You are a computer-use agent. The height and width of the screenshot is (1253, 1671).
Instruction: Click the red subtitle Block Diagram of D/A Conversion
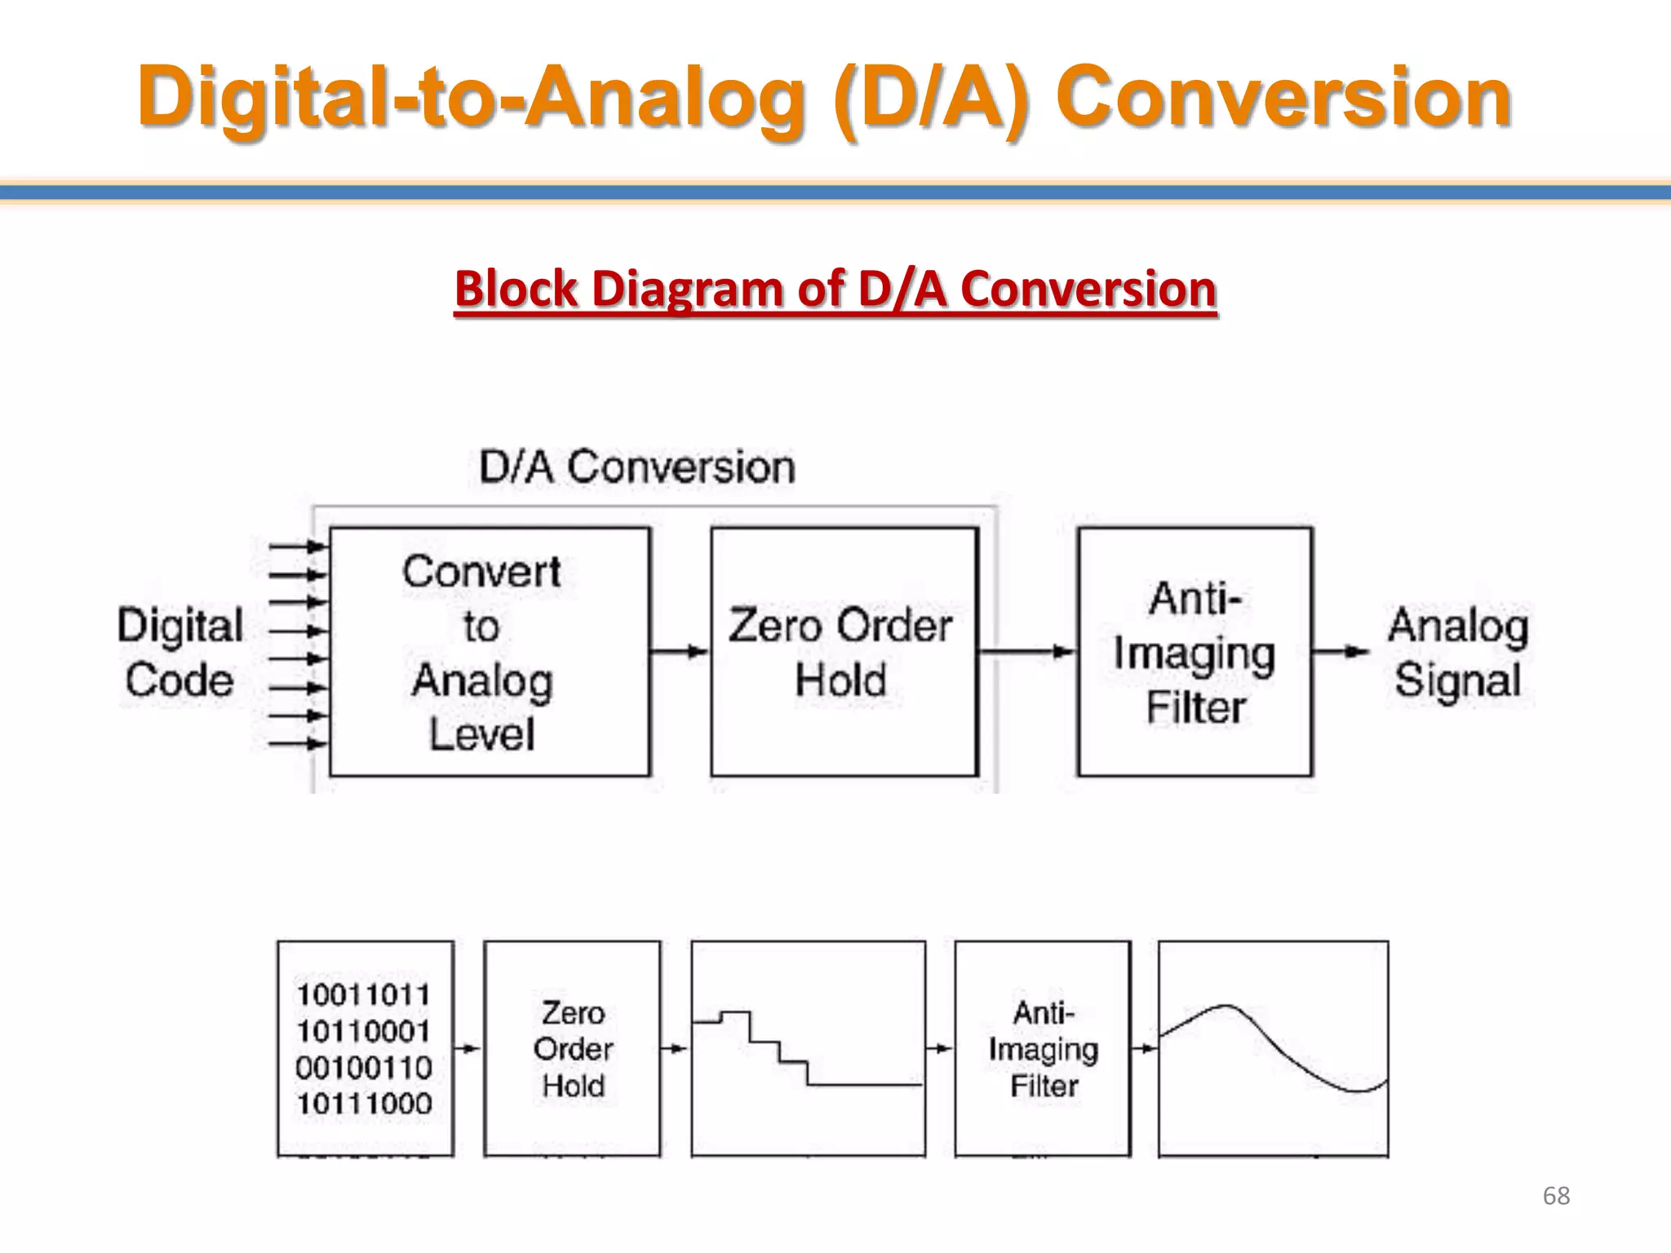[x=835, y=290]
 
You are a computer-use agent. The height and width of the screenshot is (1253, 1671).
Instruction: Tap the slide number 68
[x=1556, y=1196]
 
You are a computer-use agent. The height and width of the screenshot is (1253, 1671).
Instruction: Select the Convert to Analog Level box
[x=490, y=652]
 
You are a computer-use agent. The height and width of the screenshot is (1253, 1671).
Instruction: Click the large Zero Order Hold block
[x=844, y=652]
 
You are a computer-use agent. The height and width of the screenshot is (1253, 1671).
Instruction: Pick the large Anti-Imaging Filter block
[x=1195, y=652]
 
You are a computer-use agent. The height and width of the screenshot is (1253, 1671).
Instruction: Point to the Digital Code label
[x=180, y=653]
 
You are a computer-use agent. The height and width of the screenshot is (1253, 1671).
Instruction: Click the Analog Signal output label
[x=1458, y=653]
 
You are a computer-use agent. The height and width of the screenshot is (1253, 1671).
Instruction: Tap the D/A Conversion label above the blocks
[x=636, y=467]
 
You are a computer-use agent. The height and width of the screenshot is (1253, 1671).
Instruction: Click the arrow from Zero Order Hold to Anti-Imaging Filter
[x=1026, y=651]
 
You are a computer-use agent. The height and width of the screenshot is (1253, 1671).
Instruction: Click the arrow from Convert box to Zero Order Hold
[x=679, y=651]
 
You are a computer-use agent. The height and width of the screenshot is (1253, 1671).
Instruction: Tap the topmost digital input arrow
[x=298, y=546]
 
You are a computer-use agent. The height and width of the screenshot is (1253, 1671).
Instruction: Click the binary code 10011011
[x=363, y=995]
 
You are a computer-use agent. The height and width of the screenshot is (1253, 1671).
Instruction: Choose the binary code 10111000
[x=363, y=1105]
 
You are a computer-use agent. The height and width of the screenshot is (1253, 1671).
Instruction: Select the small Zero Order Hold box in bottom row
[x=572, y=1048]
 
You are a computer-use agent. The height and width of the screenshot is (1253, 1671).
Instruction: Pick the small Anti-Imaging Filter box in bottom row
[x=1043, y=1048]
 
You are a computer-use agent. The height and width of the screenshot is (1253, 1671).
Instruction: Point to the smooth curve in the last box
[x=1273, y=1048]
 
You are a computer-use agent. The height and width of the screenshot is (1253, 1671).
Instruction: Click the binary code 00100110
[x=363, y=1068]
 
